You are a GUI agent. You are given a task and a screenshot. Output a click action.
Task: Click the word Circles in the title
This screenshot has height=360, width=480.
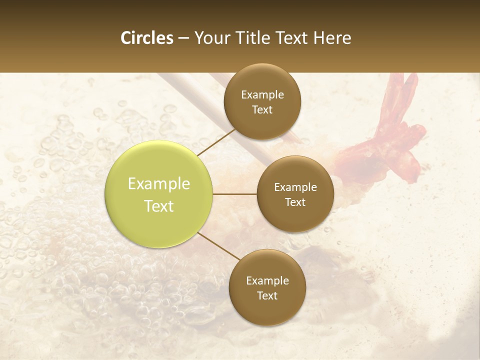click(147, 38)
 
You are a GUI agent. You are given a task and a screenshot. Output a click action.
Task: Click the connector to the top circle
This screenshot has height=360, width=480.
click(216, 141)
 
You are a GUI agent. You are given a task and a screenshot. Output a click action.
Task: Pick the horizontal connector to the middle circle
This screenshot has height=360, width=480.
click(234, 194)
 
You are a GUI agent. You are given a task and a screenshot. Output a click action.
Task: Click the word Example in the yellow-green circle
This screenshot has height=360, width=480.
click(158, 184)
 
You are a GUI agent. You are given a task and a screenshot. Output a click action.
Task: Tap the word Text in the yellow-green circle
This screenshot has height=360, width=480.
click(158, 206)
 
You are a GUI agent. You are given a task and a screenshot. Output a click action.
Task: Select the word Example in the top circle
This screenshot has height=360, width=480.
click(262, 95)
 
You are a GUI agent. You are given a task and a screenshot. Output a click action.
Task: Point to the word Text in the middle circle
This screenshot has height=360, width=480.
click(295, 202)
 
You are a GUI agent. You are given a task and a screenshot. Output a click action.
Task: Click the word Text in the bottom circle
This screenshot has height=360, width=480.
click(267, 295)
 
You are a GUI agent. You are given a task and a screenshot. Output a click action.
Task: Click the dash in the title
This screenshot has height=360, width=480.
click(183, 38)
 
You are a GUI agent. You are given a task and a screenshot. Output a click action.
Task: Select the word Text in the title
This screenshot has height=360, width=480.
click(292, 38)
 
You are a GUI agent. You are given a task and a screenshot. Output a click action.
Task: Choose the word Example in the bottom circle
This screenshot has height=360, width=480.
click(267, 280)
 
